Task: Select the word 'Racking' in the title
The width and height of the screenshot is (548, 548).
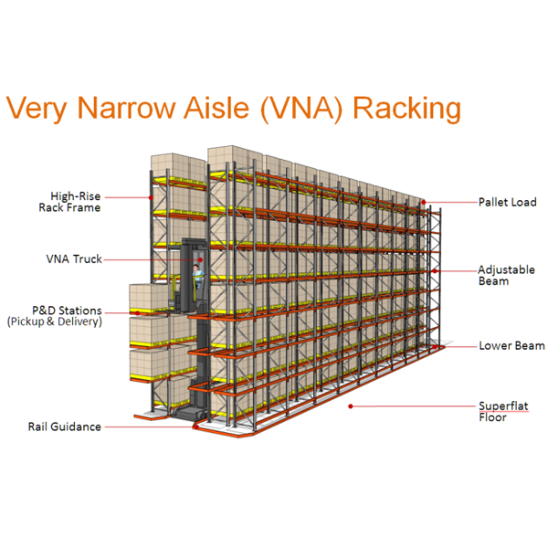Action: click(406, 108)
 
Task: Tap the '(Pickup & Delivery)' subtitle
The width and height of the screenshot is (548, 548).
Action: click(54, 321)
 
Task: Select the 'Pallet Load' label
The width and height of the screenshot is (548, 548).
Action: click(508, 202)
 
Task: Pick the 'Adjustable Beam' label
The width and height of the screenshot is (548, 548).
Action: click(507, 275)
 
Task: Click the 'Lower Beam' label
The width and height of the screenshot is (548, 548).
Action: click(511, 345)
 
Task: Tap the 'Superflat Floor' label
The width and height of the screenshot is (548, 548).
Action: click(503, 411)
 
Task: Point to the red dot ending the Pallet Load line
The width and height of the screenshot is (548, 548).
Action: click(423, 202)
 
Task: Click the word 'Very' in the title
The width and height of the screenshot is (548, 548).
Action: click(37, 108)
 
